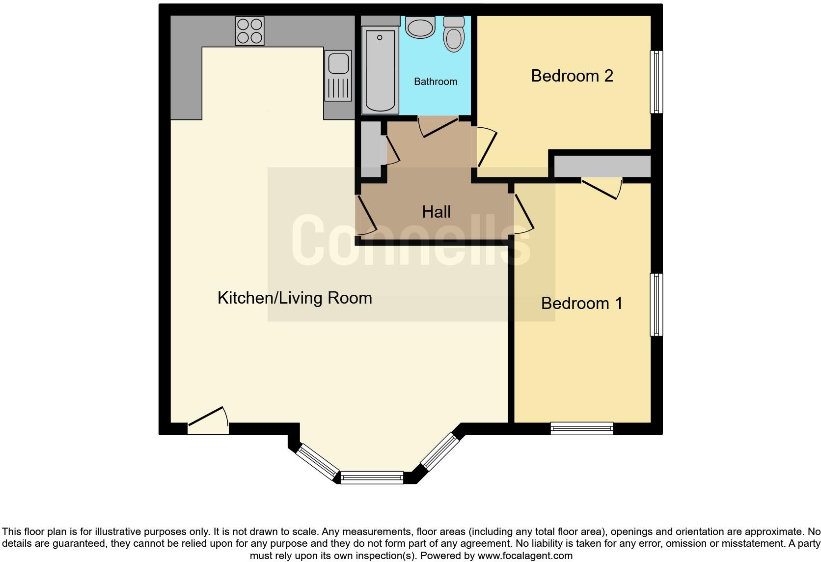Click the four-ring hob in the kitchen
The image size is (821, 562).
point(249,31)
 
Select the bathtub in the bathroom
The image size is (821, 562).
point(380,70)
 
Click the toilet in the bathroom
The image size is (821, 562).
point(454,34)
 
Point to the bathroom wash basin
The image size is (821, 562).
point(420,27)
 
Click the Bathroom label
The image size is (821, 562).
point(436,82)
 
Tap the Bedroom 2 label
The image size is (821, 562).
point(572,76)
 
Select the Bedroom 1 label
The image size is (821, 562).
point(582,303)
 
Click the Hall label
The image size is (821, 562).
point(436,212)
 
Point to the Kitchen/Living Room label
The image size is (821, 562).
point(295,298)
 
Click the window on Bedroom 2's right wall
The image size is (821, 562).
point(657,82)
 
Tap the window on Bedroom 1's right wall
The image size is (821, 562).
point(657,305)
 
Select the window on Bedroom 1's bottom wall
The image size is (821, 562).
point(582,428)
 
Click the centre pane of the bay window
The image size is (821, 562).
point(372,477)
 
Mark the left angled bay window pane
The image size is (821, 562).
point(318,462)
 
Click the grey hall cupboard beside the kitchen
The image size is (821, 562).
point(371,149)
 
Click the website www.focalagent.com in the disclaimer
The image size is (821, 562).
point(525,556)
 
